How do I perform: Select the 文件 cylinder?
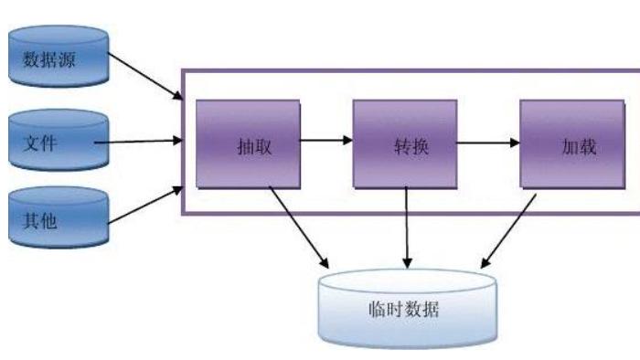point(57,142)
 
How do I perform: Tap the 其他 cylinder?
point(57,220)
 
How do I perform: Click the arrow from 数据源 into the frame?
point(146,78)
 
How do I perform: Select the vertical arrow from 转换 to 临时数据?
point(407,228)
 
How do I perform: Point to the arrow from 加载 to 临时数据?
point(508,228)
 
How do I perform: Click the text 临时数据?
point(409,309)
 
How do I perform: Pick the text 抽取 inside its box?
point(249,147)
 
